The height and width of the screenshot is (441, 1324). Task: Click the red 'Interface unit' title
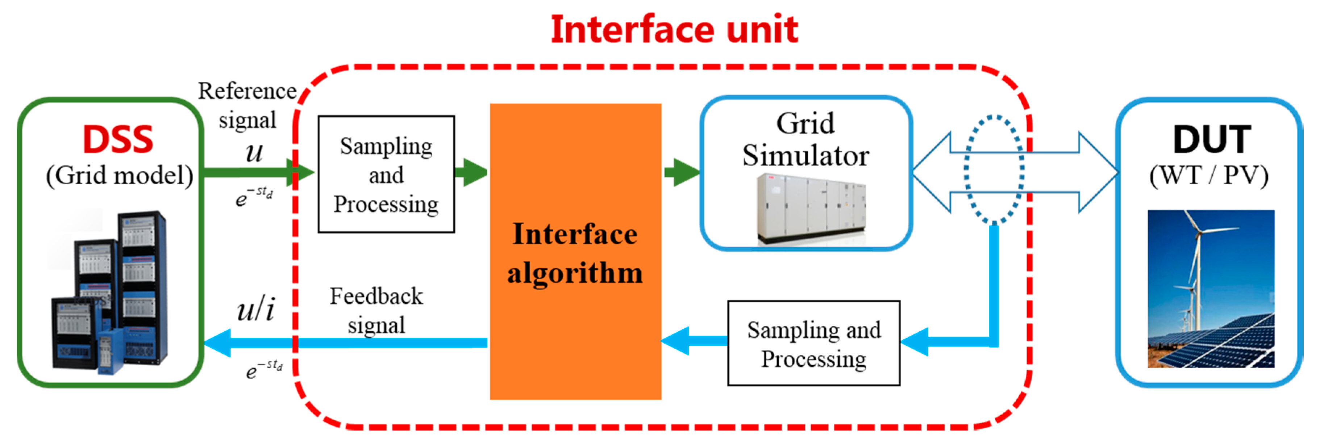674,30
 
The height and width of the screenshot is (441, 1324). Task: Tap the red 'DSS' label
118,140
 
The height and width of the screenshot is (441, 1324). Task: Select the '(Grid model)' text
119,176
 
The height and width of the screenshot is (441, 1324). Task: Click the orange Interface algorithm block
575,252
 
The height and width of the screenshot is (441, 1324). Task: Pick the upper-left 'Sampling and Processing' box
386,175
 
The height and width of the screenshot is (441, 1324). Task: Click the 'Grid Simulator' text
805,140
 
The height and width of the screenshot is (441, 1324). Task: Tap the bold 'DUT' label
1211,140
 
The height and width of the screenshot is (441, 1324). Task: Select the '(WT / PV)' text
1209,176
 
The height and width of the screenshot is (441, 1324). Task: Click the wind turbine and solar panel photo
1211,289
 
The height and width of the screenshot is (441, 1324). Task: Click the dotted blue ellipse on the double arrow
994,170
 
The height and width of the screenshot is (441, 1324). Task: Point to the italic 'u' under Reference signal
254,152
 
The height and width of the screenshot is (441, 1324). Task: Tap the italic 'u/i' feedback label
256,310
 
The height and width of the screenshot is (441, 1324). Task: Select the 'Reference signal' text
247,105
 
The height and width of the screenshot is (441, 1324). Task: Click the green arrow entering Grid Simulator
682,172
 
